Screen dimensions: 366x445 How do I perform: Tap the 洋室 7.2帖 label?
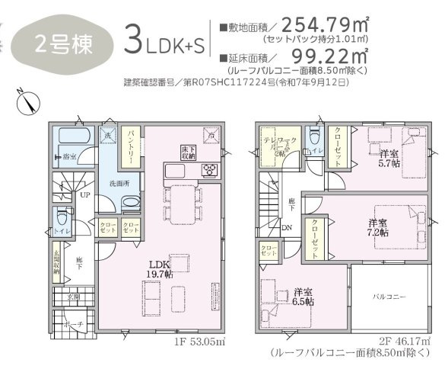(378, 226)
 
